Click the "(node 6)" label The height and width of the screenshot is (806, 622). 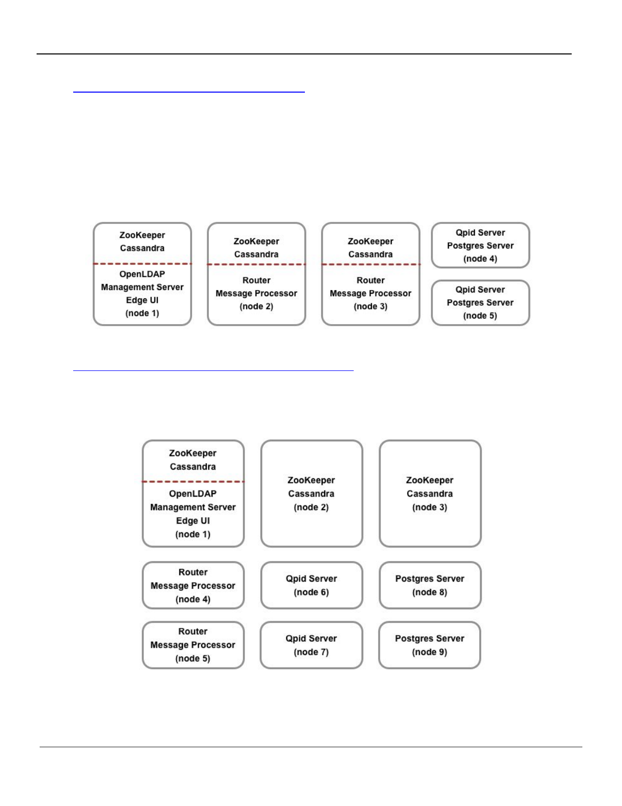pyautogui.click(x=311, y=592)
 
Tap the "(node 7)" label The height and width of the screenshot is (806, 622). pyautogui.click(x=311, y=652)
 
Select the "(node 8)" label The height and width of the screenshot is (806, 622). pyautogui.click(x=429, y=592)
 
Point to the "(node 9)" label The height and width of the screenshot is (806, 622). pyautogui.click(x=429, y=652)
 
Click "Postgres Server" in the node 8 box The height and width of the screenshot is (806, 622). pyautogui.click(x=429, y=579)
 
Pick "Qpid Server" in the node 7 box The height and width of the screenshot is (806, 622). pyautogui.click(x=311, y=639)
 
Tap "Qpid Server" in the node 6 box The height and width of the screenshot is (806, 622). pyautogui.click(x=311, y=579)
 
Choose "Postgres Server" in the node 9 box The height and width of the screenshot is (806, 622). pyautogui.click(x=429, y=639)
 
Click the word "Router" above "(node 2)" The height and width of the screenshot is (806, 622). pyautogui.click(x=256, y=280)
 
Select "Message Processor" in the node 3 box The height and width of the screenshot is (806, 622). pyautogui.click(x=370, y=294)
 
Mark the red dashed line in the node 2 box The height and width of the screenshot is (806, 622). pyautogui.click(x=256, y=265)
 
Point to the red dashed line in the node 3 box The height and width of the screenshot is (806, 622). pyautogui.click(x=370, y=265)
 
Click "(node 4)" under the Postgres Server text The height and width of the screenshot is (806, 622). pyautogui.click(x=480, y=259)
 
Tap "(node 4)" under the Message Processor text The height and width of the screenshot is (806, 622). pyautogui.click(x=193, y=599)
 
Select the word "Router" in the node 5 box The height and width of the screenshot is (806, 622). pyautogui.click(x=193, y=631)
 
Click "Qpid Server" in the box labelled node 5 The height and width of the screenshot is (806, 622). pyautogui.click(x=480, y=290)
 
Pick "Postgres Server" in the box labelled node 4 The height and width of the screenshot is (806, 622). pyautogui.click(x=480, y=246)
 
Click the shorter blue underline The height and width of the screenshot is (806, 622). pyautogui.click(x=189, y=92)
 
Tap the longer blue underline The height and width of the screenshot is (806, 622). pyautogui.click(x=213, y=371)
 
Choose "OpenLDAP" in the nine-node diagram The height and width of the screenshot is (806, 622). pyautogui.click(x=193, y=494)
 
